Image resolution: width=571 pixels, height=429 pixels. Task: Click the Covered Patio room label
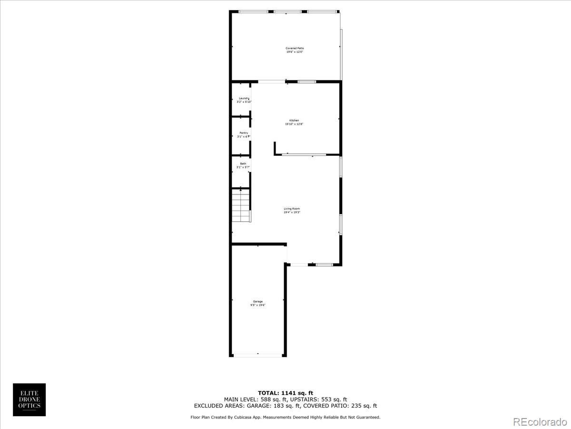point(295,48)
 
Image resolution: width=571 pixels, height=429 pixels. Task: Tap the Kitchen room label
point(294,120)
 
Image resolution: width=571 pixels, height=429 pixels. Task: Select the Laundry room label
point(244,98)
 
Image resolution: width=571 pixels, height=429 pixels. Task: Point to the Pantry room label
point(244,133)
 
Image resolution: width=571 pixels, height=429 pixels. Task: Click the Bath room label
point(243,163)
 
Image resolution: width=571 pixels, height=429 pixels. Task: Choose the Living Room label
point(292,209)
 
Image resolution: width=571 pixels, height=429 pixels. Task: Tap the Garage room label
point(258,301)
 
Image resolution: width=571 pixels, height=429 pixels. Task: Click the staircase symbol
point(241,205)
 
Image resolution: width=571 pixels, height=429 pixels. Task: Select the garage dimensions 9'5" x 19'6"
point(258,305)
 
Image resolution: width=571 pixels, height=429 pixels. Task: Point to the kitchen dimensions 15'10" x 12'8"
point(294,124)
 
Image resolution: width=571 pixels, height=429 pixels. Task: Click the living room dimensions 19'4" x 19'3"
point(292,213)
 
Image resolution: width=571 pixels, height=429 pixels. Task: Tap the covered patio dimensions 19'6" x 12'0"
point(295,52)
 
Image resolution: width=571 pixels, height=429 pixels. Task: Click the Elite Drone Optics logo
point(29,399)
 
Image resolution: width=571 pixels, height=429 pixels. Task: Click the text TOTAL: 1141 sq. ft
point(285,393)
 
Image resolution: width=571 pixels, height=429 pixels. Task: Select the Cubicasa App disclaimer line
point(285,417)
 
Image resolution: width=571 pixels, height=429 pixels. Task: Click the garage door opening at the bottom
point(258,355)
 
